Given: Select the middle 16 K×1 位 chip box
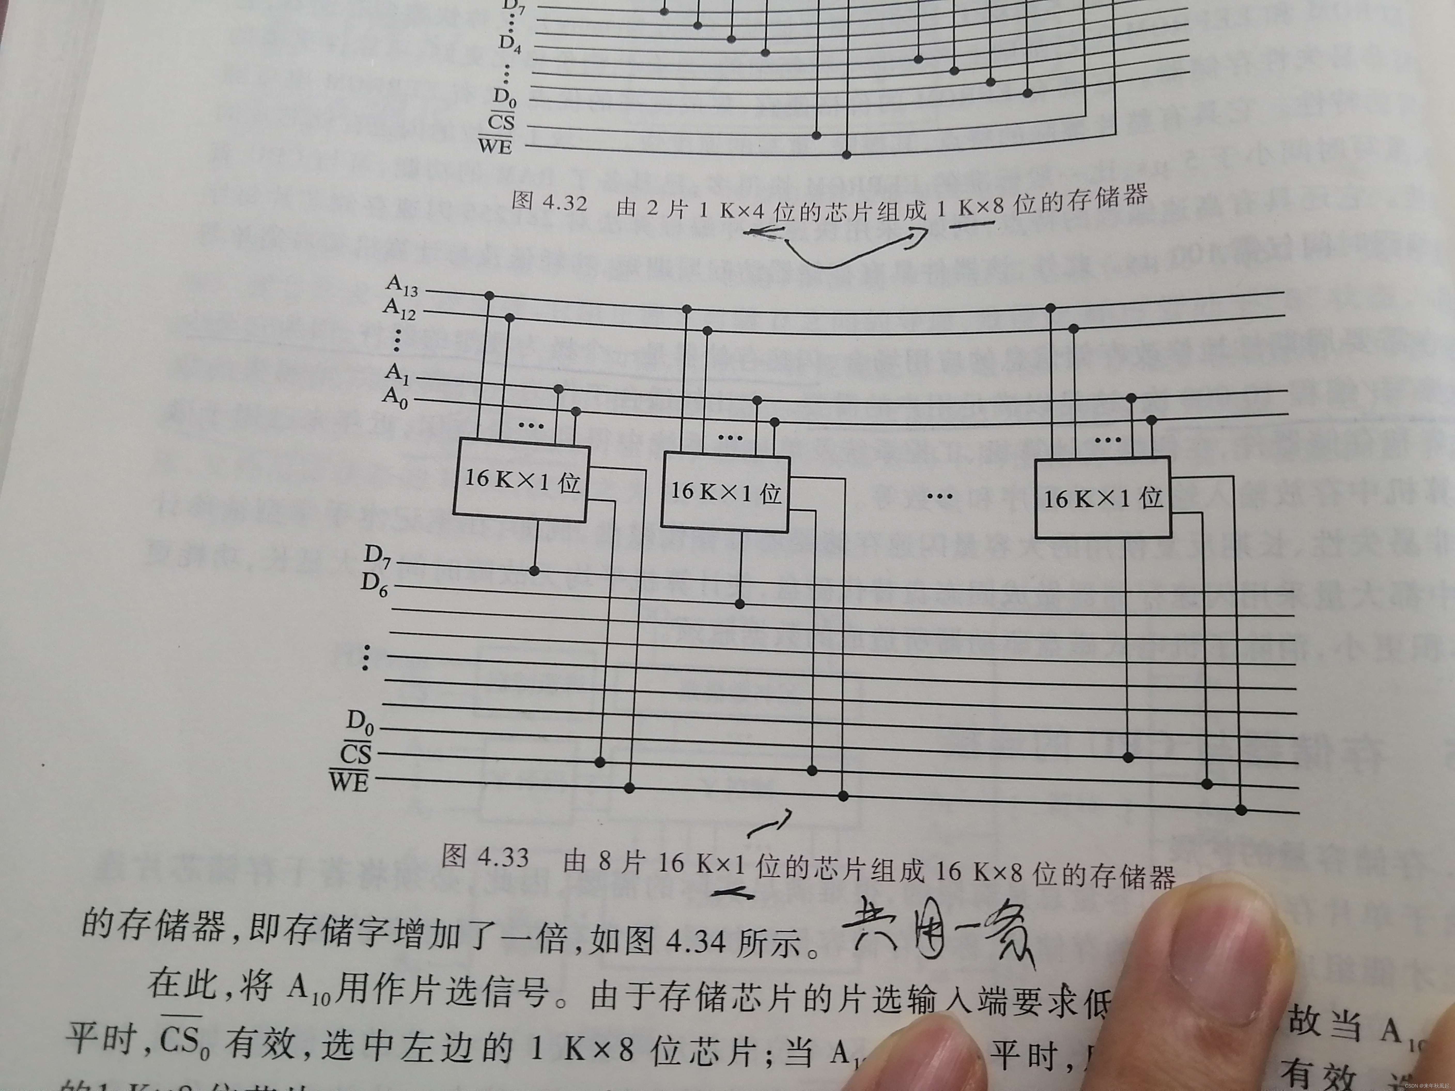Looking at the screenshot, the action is point(725,490).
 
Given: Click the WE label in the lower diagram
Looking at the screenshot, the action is point(349,781).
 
